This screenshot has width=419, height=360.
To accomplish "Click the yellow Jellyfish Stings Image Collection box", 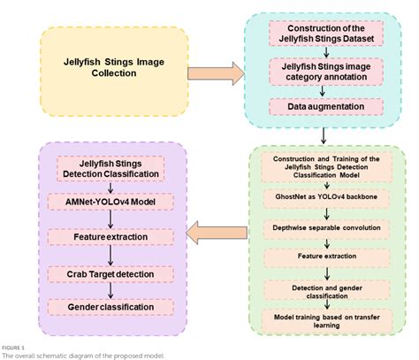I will click(x=112, y=66).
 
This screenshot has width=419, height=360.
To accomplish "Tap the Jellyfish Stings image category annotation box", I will click(x=325, y=71).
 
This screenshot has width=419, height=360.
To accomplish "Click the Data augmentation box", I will click(x=325, y=105).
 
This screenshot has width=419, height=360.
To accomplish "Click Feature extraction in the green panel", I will click(x=325, y=257).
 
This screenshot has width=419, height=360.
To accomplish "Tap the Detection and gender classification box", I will click(x=325, y=288).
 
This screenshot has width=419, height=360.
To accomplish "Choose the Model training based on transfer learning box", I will click(x=325, y=319).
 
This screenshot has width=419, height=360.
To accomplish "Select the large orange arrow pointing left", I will click(x=215, y=232).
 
